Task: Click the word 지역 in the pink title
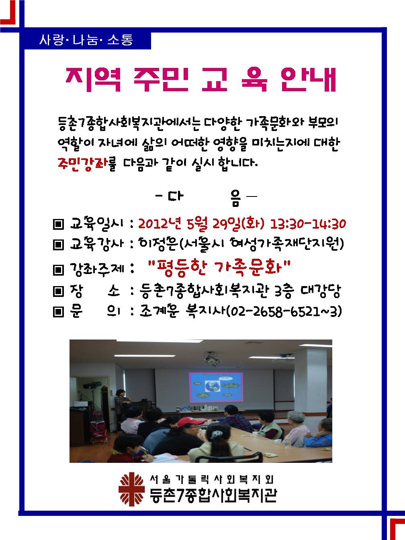click(93, 79)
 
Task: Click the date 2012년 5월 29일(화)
click(201, 224)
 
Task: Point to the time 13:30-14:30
click(308, 224)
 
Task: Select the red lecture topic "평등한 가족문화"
click(219, 268)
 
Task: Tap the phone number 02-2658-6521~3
click(284, 312)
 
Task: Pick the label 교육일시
click(96, 224)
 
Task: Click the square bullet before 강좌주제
click(59, 270)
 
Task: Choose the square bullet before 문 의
click(59, 312)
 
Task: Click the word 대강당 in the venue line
click(321, 291)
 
